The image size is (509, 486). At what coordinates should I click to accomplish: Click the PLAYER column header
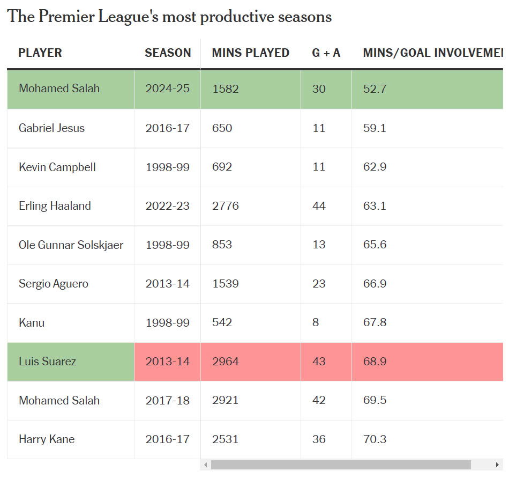[40, 53]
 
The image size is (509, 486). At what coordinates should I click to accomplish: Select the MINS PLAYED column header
[250, 53]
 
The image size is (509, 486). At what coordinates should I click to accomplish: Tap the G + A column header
[326, 53]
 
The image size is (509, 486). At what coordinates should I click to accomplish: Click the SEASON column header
[168, 53]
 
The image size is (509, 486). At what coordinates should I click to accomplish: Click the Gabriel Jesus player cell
[51, 128]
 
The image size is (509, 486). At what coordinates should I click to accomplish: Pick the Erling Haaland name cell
[55, 206]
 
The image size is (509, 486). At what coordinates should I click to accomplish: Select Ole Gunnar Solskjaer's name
[71, 245]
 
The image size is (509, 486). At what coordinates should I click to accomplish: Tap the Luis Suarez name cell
[47, 362]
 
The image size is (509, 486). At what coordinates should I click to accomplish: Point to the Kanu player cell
[32, 323]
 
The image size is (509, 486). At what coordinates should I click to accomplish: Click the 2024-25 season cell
[167, 89]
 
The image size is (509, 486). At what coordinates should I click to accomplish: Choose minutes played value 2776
[225, 206]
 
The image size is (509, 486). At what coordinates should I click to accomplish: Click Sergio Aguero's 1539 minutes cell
[225, 284]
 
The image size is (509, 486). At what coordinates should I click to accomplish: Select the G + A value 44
[319, 206]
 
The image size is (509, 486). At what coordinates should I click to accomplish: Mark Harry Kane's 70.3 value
[375, 439]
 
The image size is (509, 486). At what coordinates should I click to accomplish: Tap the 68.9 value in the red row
[375, 362]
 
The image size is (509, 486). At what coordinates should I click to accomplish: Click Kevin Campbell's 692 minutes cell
[222, 167]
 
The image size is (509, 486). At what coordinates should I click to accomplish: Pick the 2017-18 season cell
[167, 401]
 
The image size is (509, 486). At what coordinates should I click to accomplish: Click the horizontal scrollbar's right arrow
[498, 465]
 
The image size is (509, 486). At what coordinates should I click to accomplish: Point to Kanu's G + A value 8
[316, 323]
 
